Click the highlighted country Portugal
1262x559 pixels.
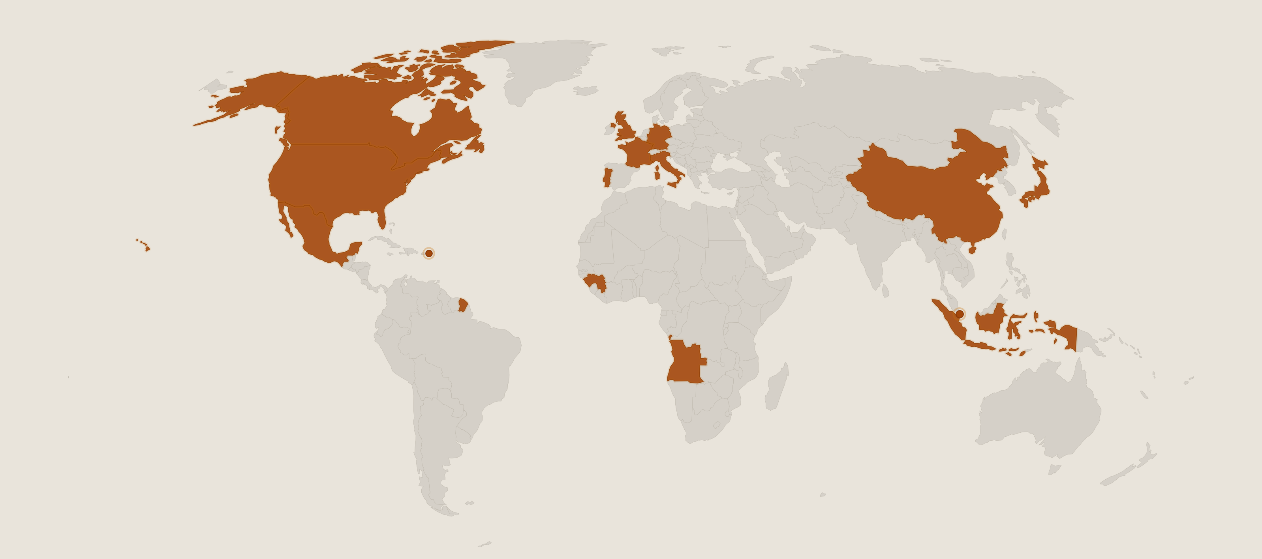point(607,178)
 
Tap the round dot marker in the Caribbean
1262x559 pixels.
point(429,253)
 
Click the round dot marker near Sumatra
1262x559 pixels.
point(960,314)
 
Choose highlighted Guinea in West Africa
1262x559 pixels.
point(595,282)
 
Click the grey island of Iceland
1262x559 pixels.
point(586,91)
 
